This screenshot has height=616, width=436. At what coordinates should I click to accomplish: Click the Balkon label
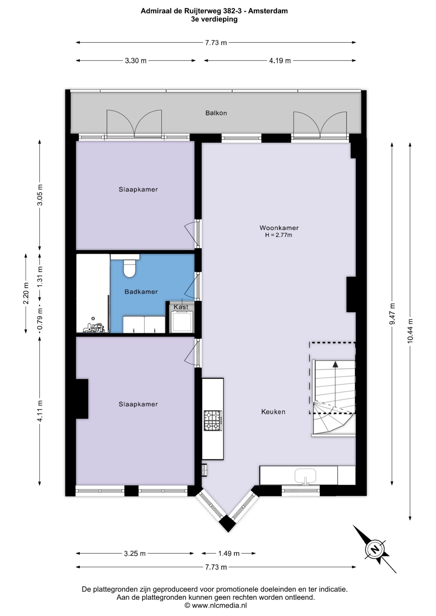click(x=216, y=113)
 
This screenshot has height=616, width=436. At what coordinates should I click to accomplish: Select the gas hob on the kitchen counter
click(x=213, y=421)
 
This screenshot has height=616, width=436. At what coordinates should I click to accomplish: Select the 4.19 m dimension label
click(x=280, y=61)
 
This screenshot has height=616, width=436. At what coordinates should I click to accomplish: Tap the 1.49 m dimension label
click(x=229, y=554)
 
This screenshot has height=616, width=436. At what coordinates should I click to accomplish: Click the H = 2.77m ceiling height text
click(x=279, y=235)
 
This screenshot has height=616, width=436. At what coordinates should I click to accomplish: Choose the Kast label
click(x=181, y=307)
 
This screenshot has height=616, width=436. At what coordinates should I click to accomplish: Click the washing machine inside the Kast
click(x=182, y=322)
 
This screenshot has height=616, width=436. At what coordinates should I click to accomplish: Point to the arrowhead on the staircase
click(x=335, y=364)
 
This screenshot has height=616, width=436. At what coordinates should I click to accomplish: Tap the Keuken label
click(x=273, y=412)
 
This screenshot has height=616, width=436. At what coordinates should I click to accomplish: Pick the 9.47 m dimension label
click(x=392, y=314)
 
